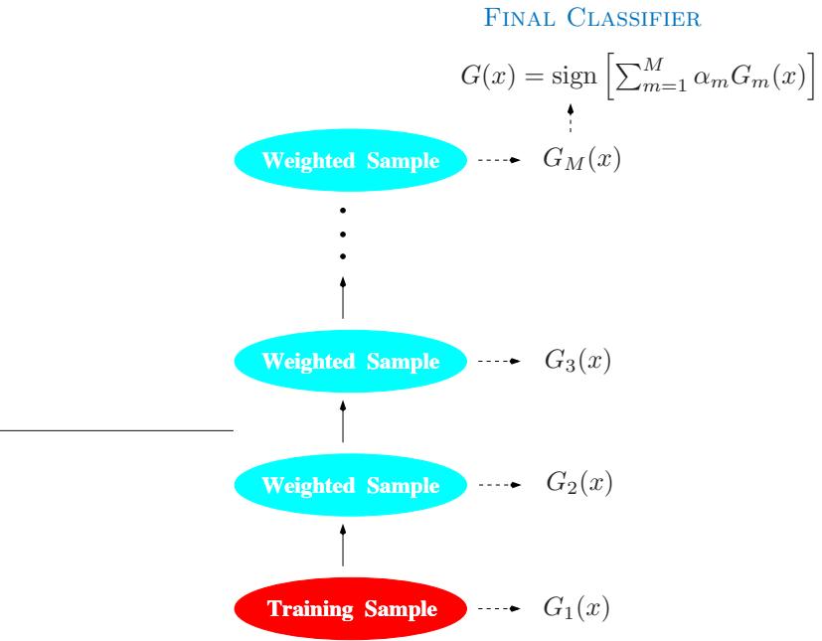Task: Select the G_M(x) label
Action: (x=581, y=160)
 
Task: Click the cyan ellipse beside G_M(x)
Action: (x=350, y=161)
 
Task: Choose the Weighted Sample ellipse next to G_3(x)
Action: (x=350, y=361)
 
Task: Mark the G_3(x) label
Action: (x=577, y=361)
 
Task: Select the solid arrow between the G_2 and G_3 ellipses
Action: (x=343, y=422)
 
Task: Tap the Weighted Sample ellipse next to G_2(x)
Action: (x=350, y=486)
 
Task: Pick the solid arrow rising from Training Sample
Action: (x=343, y=547)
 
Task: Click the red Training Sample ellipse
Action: (x=350, y=608)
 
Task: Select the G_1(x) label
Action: (x=577, y=607)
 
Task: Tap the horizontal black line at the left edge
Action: (x=115, y=430)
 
